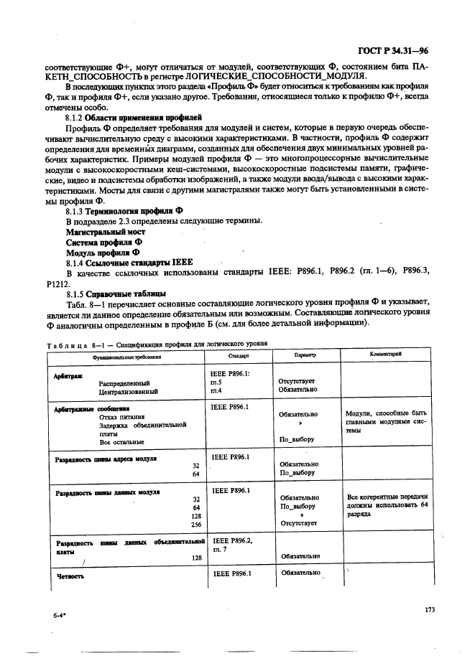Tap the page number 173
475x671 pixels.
pyautogui.click(x=430, y=609)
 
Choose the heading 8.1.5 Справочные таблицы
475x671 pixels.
pyautogui.click(x=116, y=294)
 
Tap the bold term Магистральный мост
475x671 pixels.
pyautogui.click(x=105, y=232)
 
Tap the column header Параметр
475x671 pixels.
pyautogui.click(x=305, y=355)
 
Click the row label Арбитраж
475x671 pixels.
pyautogui.click(x=69, y=375)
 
